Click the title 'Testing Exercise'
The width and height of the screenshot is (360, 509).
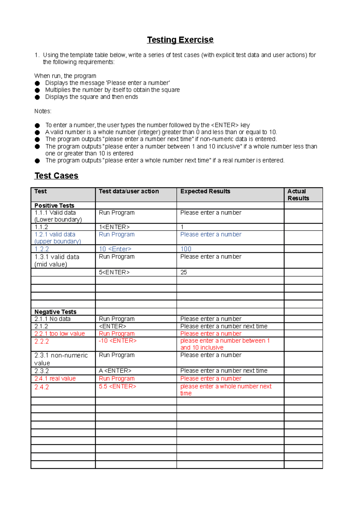(180, 40)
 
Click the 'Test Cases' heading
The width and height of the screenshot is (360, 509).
(56, 176)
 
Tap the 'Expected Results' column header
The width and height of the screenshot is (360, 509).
(205, 191)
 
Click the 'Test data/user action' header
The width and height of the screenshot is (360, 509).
(129, 191)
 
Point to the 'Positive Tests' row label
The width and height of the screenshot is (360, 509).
(54, 206)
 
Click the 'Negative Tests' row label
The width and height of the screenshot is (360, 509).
(55, 312)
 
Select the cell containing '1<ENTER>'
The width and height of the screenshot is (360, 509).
(114, 227)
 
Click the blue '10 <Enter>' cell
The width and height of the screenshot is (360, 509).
(115, 249)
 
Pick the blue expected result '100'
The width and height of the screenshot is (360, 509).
(186, 249)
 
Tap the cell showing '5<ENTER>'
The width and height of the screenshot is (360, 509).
(114, 272)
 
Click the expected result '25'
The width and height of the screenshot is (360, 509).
(184, 272)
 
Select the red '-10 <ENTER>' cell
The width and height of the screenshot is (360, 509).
(118, 341)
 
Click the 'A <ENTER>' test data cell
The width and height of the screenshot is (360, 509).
(115, 371)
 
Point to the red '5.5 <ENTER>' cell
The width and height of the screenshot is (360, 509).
(118, 386)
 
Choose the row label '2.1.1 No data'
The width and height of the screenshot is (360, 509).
(52, 319)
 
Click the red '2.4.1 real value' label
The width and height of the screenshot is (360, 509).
(55, 379)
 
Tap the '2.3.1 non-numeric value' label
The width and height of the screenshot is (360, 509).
(61, 359)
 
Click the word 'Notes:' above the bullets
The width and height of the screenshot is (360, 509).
(43, 111)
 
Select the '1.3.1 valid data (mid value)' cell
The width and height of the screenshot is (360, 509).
(57, 260)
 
